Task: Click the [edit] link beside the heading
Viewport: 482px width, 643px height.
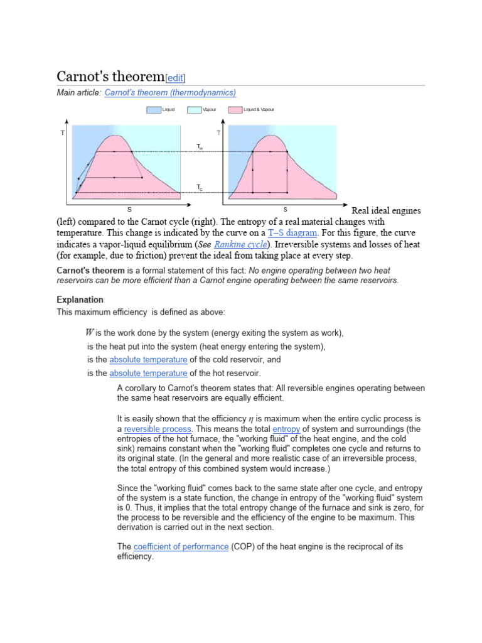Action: tap(175, 78)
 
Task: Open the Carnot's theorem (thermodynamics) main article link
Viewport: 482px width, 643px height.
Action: tap(170, 93)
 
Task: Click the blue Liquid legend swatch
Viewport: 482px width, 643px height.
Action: tap(153, 109)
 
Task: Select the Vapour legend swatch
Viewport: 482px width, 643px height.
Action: tap(194, 109)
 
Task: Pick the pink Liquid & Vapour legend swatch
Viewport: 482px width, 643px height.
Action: tap(235, 109)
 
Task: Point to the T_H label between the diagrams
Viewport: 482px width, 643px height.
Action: tap(200, 147)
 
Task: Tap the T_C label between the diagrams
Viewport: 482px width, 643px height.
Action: tap(200, 187)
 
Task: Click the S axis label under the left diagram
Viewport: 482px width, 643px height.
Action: tap(130, 208)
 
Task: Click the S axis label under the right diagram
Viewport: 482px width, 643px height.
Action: tap(285, 208)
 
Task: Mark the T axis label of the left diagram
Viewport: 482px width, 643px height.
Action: tap(62, 133)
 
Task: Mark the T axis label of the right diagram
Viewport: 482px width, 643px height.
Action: tap(218, 133)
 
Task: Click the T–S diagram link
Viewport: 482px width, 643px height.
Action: tap(292, 233)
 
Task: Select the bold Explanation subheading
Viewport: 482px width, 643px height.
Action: tap(80, 300)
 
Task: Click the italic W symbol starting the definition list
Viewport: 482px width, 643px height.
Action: tap(90, 333)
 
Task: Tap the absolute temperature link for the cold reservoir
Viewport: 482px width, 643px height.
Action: tap(148, 360)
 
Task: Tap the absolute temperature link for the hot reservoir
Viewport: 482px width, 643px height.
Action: tap(148, 374)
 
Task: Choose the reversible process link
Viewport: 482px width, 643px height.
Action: tap(158, 430)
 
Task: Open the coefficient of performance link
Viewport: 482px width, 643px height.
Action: tap(181, 547)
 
